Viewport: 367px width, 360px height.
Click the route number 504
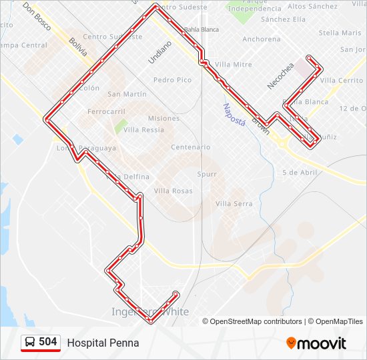pyautogui.click(x=47, y=342)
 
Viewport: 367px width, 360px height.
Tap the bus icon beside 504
pyautogui.click(x=30, y=342)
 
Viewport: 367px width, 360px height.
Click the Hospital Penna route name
pyautogui.click(x=103, y=343)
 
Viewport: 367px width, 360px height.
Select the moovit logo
pyautogui.click(x=316, y=343)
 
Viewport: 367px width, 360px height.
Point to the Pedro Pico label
pyautogui.click(x=172, y=80)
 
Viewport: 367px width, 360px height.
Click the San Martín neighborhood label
pyautogui.click(x=127, y=94)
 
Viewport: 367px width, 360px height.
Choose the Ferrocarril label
pyautogui.click(x=106, y=111)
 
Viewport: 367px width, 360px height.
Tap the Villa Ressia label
pyautogui.click(x=143, y=130)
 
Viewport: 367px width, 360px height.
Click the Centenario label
pyautogui.click(x=191, y=147)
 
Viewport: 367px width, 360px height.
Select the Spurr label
pyautogui.click(x=207, y=174)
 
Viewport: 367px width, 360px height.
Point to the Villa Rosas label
pyautogui.click(x=173, y=191)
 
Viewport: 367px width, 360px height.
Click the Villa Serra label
pyautogui.click(x=234, y=203)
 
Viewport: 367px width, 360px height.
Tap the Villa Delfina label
pyautogui.click(x=127, y=177)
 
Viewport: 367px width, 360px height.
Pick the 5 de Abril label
pyautogui.click(x=300, y=172)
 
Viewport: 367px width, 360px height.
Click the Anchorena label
pyautogui.click(x=261, y=39)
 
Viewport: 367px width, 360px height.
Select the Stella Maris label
pyautogui.click(x=340, y=33)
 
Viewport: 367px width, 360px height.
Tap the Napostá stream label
pyautogui.click(x=234, y=115)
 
